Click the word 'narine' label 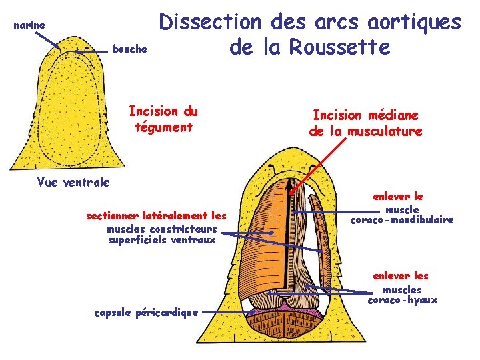click(x=29, y=25)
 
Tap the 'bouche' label click(x=129, y=49)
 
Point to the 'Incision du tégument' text click(x=163, y=118)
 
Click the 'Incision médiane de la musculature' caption click(x=365, y=123)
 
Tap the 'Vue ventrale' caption click(x=73, y=181)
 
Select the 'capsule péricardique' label click(x=146, y=312)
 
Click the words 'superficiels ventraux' click(x=162, y=240)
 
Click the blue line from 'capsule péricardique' click(x=227, y=311)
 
